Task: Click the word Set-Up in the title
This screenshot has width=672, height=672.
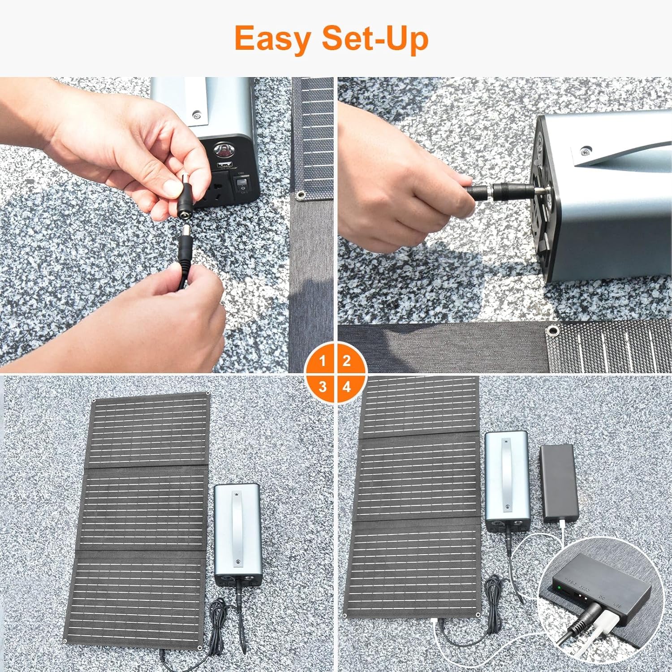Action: click(x=375, y=39)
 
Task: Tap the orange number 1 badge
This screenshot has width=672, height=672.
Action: click(x=322, y=361)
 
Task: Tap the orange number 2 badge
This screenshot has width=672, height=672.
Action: click(x=346, y=361)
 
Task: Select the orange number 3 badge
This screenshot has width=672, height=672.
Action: click(x=322, y=387)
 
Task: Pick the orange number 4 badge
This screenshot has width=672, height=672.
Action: click(x=346, y=387)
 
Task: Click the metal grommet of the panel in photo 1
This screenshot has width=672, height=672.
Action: click(x=300, y=195)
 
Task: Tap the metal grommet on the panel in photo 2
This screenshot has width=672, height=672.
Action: click(x=552, y=331)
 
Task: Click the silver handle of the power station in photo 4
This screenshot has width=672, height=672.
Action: click(x=507, y=475)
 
